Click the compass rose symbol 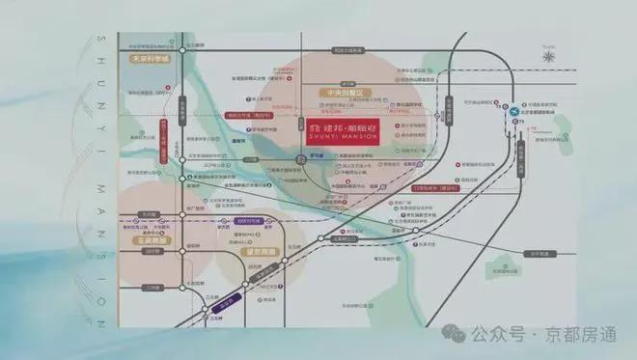549,55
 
